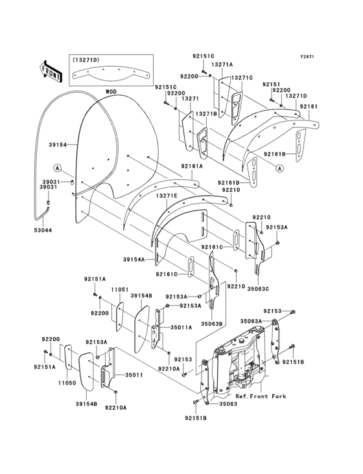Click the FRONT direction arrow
[51, 70]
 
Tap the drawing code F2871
[307, 56]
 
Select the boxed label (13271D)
[86, 60]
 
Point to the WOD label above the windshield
[111, 93]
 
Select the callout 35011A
[181, 328]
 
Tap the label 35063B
[211, 323]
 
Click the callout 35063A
[251, 321]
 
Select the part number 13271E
[166, 194]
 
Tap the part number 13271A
[222, 65]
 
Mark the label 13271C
[242, 78]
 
